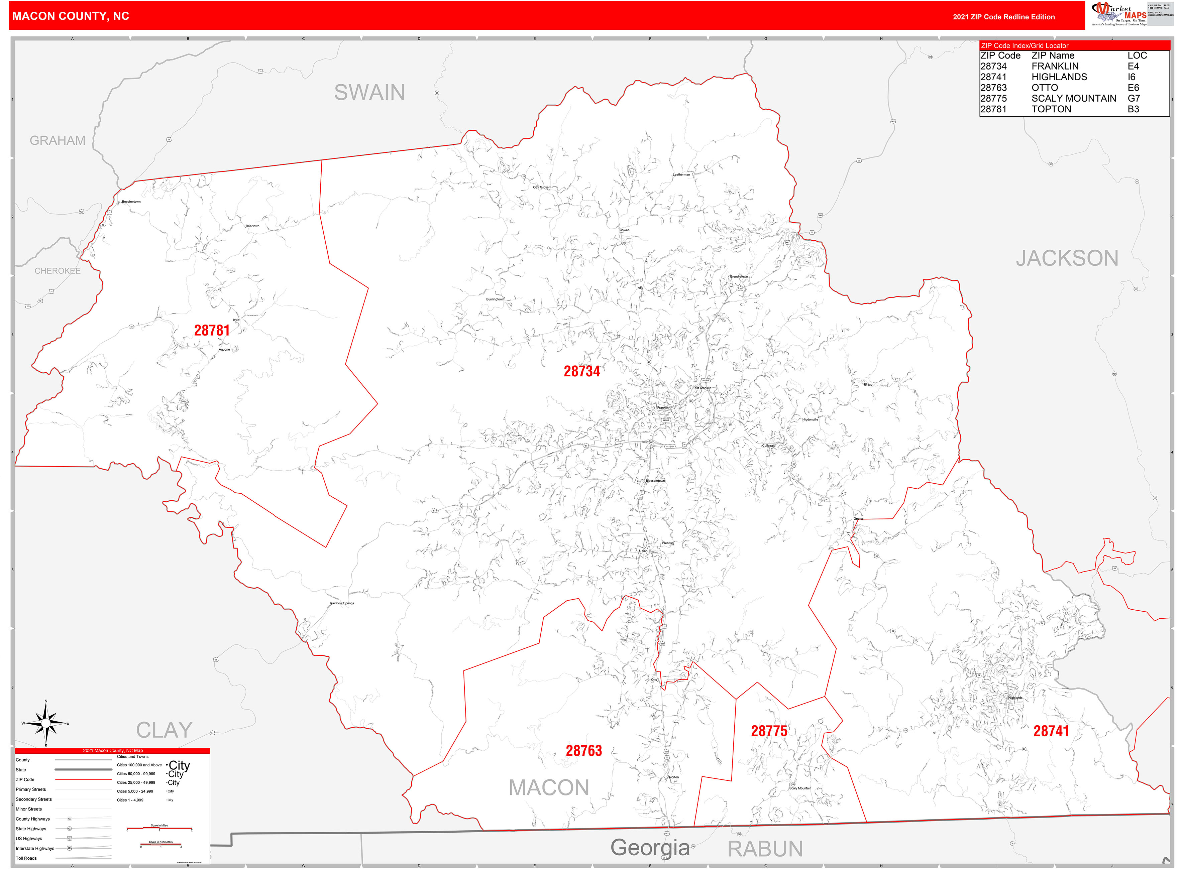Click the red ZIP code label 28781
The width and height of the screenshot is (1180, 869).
pos(212,330)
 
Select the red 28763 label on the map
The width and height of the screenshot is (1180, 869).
pos(584,751)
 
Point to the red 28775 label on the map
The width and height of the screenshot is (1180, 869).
pos(769,731)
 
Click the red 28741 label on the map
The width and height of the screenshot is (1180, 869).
pos(1051,731)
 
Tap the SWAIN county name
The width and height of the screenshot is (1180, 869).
pos(369,93)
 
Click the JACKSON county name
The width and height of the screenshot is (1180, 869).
pos(1067,258)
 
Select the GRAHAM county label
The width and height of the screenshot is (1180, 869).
pos(58,140)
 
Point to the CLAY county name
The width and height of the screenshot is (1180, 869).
pos(164,730)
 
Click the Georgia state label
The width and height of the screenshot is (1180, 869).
pos(650,847)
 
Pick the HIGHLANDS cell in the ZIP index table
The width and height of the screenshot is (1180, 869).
pos(1059,77)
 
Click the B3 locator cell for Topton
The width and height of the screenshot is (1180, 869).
pos(1133,109)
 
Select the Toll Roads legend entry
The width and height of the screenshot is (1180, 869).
pos(26,858)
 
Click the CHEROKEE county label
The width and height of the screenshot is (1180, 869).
pos(58,271)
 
